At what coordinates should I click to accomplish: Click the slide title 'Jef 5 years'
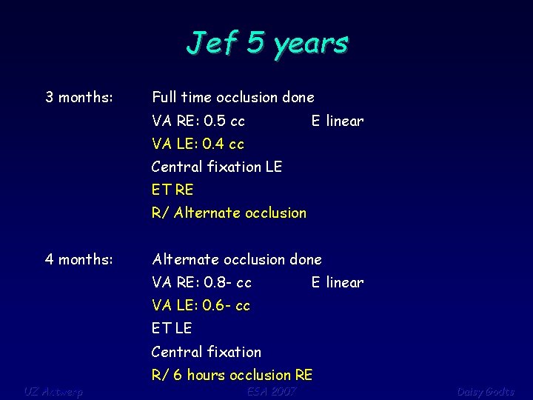pos(266,43)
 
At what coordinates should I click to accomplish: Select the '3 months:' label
pos(79,97)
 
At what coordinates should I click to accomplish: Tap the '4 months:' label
pos(79,259)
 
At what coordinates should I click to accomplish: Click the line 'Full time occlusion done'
pos(233,97)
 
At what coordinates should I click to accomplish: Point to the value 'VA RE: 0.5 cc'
pos(198,121)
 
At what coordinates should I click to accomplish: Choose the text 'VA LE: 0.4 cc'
pos(198,144)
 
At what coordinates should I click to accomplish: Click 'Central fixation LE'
pos(217,167)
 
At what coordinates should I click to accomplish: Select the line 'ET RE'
pos(172,190)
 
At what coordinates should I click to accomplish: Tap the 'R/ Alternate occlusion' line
pos(229,213)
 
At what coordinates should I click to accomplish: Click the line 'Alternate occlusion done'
pos(237,259)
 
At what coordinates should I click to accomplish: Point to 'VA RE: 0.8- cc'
pos(201,282)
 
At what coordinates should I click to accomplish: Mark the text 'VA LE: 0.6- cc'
pos(201,305)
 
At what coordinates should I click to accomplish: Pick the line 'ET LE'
pos(172,328)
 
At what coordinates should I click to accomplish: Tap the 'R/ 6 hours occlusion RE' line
pos(232,375)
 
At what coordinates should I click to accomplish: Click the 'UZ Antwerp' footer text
pos(53,391)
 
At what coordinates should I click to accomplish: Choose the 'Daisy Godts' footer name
pos(485,391)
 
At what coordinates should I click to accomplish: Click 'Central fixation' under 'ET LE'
pos(207,352)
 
